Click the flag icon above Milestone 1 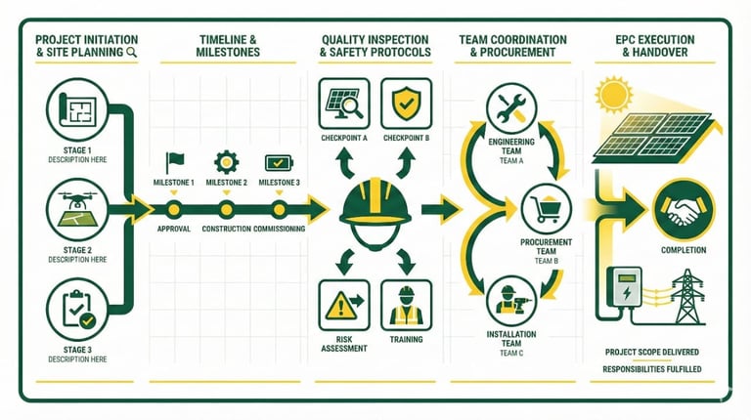(x=175, y=161)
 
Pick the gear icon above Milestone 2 (x=226, y=161)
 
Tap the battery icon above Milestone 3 (x=278, y=162)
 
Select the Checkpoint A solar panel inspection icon (x=343, y=103)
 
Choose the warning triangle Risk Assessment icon (x=343, y=304)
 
